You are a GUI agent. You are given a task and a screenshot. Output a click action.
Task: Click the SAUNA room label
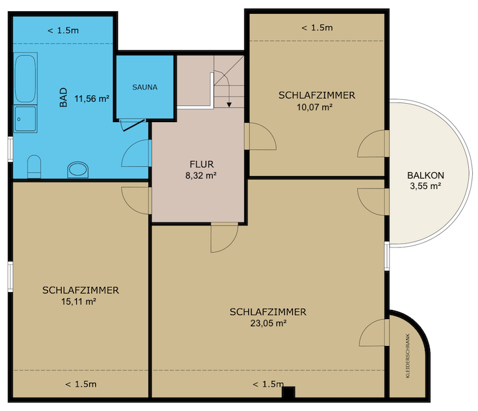click(x=145, y=87)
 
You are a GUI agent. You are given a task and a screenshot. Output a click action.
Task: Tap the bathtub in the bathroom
click(x=26, y=78)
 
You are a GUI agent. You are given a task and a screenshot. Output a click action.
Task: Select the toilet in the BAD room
click(x=34, y=167)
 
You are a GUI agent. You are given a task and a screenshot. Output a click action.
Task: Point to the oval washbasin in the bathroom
click(x=77, y=169)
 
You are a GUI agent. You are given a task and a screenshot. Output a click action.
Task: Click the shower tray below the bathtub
click(x=26, y=119)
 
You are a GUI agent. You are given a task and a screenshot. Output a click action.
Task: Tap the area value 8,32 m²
click(x=201, y=175)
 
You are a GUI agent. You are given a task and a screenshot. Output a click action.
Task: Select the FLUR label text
click(x=202, y=164)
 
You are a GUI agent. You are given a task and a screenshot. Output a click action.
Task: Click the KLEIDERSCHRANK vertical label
click(x=408, y=356)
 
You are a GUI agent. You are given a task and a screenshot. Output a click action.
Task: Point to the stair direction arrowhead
click(x=229, y=104)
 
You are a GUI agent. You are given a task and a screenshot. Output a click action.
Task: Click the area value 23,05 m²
click(x=269, y=323)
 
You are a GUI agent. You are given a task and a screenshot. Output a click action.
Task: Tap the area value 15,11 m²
click(x=79, y=301)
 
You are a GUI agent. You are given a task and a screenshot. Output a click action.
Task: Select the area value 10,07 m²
click(x=315, y=107)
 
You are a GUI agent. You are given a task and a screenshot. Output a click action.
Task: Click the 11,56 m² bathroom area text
click(x=92, y=98)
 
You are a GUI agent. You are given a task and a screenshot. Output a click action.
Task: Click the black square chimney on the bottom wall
click(x=288, y=392)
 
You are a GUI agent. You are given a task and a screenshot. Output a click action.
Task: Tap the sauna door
click(x=133, y=125)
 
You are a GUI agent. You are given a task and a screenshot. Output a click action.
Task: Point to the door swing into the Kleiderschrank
click(x=374, y=332)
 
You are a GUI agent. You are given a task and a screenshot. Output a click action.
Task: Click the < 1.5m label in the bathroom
click(x=63, y=30)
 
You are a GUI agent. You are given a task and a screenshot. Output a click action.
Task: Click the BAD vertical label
click(x=64, y=98)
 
